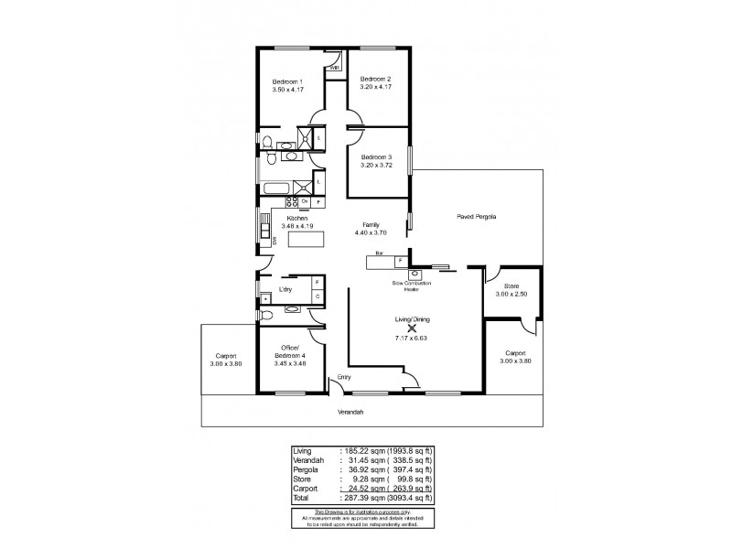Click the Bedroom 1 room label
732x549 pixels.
click(288, 82)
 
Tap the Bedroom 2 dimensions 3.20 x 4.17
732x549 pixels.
click(375, 87)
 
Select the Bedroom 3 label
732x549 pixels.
click(375, 156)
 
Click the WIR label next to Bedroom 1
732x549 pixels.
click(335, 69)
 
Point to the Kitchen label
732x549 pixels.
click(297, 219)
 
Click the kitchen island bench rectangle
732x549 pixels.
click(307, 240)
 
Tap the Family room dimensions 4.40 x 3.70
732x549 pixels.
click(371, 232)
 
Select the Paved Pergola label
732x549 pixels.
click(477, 217)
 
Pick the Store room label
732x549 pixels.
click(506, 286)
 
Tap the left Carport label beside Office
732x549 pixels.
click(227, 356)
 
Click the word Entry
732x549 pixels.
click(344, 377)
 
